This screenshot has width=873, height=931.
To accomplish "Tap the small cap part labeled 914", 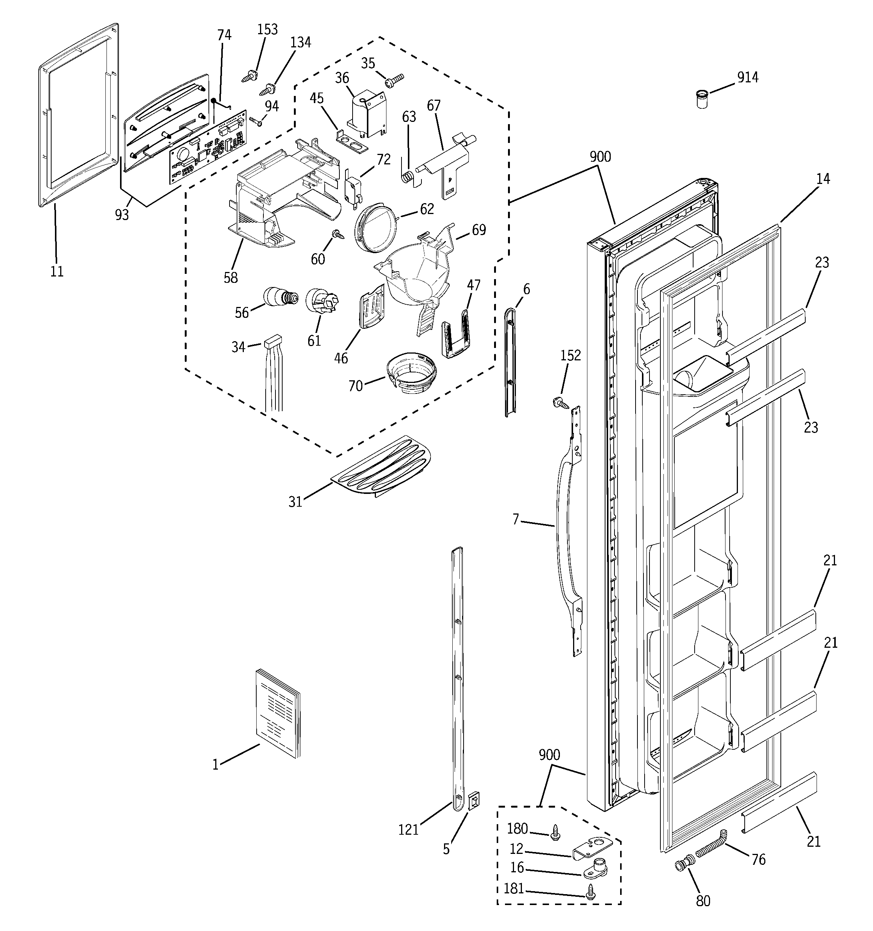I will pos(701,100).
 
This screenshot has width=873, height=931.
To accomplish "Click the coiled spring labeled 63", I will pos(409,176).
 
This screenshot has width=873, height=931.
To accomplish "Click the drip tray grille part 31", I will pos(380,465).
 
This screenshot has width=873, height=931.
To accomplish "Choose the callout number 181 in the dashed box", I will pos(514,888).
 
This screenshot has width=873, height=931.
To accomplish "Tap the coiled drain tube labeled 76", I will pos(711,847).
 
